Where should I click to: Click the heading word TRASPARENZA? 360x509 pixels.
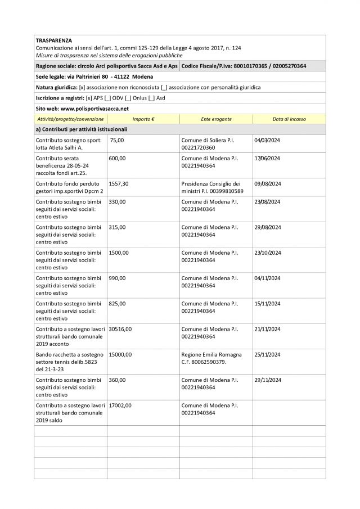53,41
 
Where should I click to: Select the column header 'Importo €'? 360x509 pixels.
143,119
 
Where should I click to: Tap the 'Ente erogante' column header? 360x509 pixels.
216,119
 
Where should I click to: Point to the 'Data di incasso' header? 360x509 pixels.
289,119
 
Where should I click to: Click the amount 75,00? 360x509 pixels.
117,140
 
